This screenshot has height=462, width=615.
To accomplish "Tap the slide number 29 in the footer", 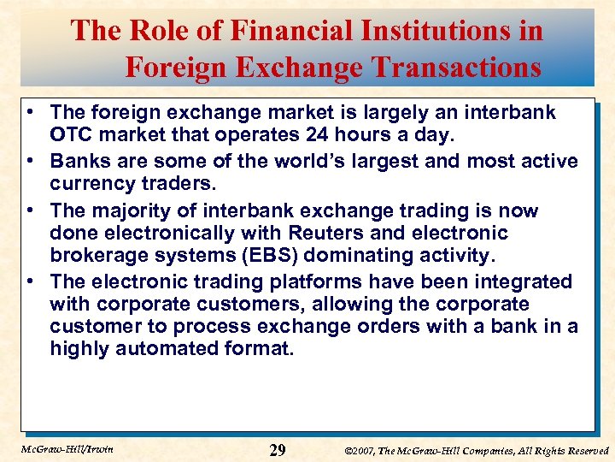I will tap(278, 450).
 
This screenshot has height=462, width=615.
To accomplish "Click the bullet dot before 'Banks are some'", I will tap(31, 162).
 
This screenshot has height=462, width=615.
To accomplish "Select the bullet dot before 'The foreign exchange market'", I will tap(31, 112).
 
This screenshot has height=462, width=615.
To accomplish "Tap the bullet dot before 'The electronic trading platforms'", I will tap(31, 281).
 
